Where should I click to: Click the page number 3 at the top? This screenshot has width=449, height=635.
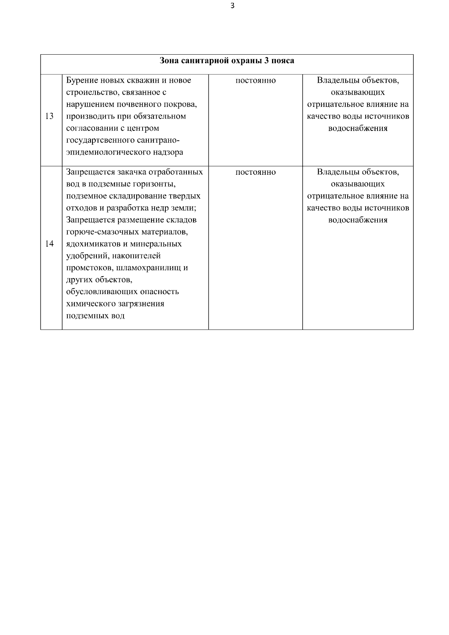click(233, 6)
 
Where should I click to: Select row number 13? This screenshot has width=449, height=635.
click(49, 116)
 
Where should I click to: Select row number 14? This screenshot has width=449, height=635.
click(49, 244)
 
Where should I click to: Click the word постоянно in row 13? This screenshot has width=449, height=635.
click(256, 80)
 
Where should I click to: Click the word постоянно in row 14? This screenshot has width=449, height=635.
click(256, 172)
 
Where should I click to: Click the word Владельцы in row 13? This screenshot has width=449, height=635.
click(335, 80)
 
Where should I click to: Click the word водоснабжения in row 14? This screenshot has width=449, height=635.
click(358, 220)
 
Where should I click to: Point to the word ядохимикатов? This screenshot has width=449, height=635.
click(92, 244)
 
